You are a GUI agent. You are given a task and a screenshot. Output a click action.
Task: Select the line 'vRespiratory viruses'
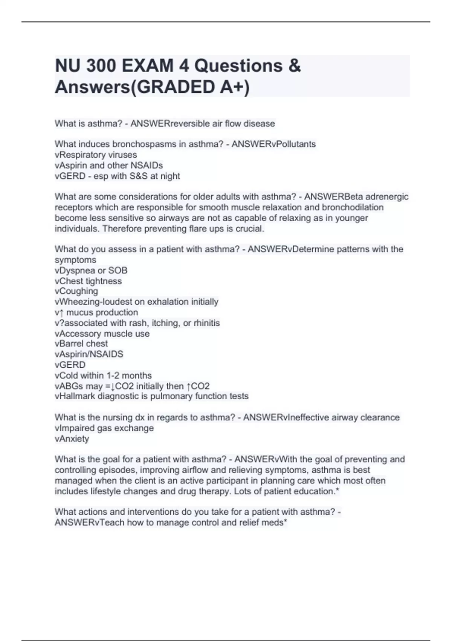click(96, 155)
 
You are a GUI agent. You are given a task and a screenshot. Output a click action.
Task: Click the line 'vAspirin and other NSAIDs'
click(108, 165)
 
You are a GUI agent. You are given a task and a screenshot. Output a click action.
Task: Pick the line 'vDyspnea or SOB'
click(91, 270)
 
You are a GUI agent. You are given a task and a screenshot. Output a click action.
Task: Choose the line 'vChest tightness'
click(88, 281)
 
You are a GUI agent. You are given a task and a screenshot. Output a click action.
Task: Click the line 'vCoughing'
click(76, 291)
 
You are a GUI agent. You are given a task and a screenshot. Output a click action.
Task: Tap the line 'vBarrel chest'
click(81, 344)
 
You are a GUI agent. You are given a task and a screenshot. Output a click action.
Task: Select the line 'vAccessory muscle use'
click(102, 333)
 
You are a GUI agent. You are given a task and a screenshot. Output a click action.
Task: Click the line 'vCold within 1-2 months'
click(103, 376)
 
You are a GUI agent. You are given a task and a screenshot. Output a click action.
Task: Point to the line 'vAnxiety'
click(72, 439)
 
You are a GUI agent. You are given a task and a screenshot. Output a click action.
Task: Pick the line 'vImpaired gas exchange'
click(104, 428)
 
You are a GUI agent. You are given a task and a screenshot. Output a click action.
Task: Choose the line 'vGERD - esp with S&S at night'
click(117, 176)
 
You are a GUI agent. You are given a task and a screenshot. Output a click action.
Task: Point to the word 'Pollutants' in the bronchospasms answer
click(296, 144)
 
